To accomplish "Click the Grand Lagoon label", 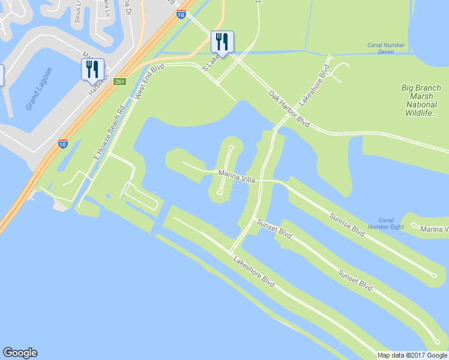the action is point(39,88).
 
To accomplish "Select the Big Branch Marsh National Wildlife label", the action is point(425,100).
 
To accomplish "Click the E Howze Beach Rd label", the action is point(109,132).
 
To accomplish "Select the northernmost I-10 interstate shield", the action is point(181,14).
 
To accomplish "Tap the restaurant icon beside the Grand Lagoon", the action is point(93,69).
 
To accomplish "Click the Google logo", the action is point(20,353).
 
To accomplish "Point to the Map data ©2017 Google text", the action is point(412,355).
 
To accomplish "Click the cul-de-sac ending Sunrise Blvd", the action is point(433,275).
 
